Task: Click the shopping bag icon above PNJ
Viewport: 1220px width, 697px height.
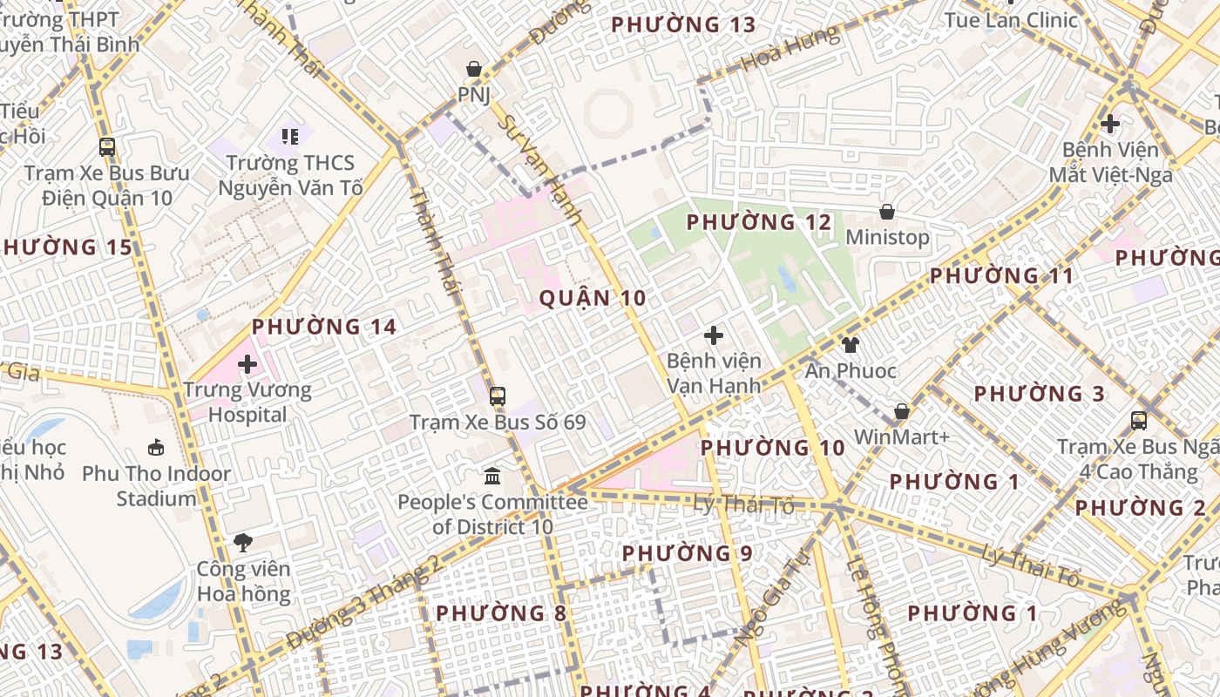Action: click(474, 68)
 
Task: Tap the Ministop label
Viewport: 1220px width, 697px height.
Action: click(887, 237)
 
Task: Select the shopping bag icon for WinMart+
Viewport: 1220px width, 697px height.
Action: click(902, 411)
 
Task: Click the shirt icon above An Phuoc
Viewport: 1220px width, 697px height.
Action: click(851, 345)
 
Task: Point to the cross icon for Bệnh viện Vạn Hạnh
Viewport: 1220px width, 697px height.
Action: click(714, 335)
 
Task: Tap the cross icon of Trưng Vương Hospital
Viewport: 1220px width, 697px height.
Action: click(247, 363)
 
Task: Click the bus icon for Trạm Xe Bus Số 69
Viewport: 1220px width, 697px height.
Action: click(497, 396)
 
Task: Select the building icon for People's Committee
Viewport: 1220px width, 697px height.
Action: click(492, 477)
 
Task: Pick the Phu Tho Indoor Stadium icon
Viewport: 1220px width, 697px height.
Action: click(156, 448)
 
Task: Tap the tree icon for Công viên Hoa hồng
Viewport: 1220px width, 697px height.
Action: click(243, 543)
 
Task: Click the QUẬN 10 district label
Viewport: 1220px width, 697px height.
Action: click(593, 298)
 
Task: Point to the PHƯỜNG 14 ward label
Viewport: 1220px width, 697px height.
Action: click(324, 327)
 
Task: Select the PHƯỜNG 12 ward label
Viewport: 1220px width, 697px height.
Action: click(759, 222)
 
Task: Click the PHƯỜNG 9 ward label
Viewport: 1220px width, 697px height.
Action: click(688, 553)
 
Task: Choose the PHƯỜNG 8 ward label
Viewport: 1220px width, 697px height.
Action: click(501, 613)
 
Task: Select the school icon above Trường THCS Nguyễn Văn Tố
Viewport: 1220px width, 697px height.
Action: click(290, 137)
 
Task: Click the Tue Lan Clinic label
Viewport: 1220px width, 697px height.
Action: click(1011, 20)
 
